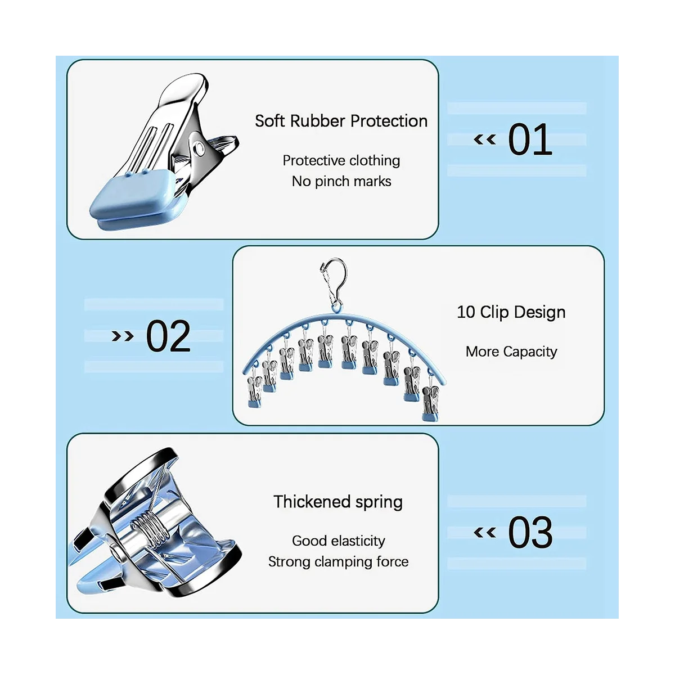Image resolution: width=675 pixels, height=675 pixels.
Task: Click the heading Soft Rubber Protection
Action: (341, 121)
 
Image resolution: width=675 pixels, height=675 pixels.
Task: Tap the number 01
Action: (530, 140)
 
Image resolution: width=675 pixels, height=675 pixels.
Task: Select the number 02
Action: (168, 336)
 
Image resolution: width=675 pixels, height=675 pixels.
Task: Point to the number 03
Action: (530, 533)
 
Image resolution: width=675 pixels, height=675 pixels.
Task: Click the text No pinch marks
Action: (341, 181)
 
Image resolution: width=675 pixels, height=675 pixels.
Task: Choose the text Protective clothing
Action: (341, 160)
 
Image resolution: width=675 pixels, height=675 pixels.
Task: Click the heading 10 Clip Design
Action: (511, 312)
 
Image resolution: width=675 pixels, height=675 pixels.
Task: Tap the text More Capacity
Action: (511, 352)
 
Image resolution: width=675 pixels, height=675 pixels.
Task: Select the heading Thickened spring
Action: (338, 501)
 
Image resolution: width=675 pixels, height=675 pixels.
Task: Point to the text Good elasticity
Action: (339, 541)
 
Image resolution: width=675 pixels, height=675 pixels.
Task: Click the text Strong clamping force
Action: (338, 561)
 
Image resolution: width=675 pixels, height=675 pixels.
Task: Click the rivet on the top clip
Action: (199, 148)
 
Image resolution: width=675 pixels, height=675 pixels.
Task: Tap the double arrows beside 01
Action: (485, 139)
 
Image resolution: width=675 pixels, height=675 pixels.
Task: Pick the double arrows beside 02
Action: (123, 336)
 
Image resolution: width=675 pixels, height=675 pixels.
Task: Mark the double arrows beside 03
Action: (485, 532)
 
